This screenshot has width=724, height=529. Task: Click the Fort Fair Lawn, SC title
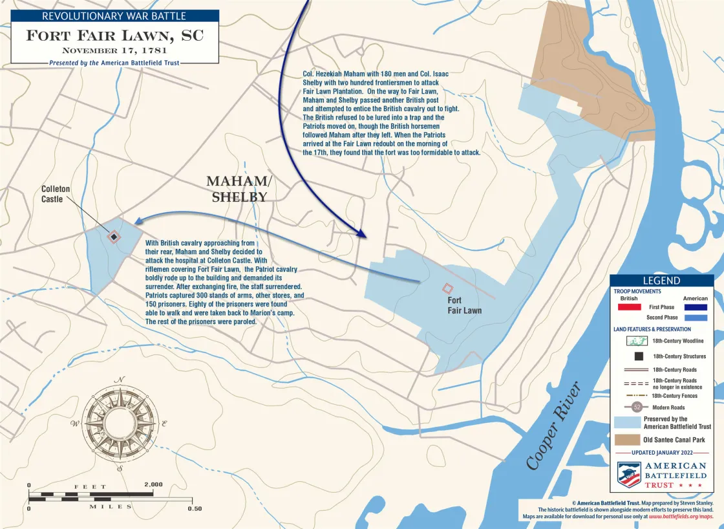pos(114,35)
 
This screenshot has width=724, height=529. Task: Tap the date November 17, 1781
pos(114,50)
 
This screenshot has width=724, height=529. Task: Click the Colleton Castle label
pos(52,194)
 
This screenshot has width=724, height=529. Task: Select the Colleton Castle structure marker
pos(113,237)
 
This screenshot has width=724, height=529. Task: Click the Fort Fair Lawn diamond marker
pos(446,288)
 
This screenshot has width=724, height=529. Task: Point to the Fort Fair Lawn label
pos(464,305)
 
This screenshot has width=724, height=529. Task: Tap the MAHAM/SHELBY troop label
pos(237,189)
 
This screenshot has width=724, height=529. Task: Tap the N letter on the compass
pos(120,380)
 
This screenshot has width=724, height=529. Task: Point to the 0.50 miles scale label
pos(194,508)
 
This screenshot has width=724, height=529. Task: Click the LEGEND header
pos(661,281)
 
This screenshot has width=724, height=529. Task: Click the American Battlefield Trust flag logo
pos(628,474)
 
